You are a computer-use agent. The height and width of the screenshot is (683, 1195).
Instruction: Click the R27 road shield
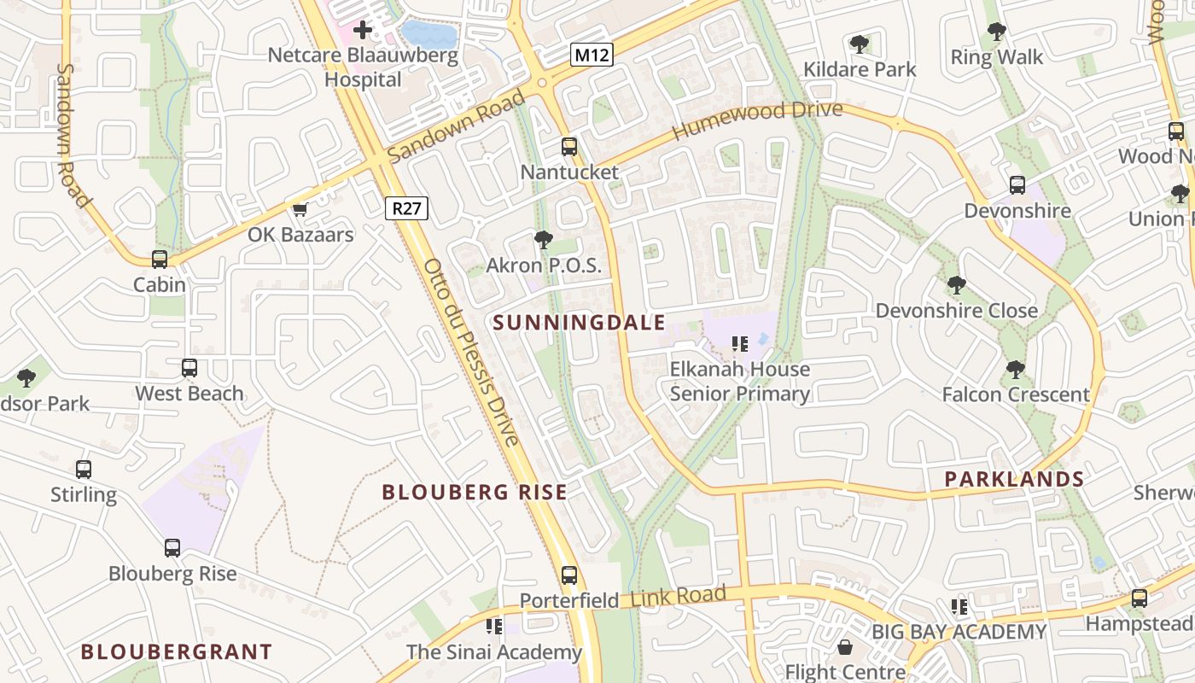406,207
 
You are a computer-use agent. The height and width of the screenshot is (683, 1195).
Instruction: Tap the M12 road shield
592,55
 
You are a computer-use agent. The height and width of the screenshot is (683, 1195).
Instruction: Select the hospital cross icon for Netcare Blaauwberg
363,31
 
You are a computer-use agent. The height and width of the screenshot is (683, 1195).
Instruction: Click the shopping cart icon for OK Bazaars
300,209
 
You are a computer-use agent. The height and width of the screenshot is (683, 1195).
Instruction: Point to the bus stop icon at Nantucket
569,147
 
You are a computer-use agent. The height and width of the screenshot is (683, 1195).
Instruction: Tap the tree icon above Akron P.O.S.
543,240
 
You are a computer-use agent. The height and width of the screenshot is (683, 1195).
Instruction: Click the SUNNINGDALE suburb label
579,323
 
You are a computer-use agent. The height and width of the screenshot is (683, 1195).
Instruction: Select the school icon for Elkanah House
740,344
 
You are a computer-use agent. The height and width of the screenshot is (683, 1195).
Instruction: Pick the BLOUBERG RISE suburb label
474,492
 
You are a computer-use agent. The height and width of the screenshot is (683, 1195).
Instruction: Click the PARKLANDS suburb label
1014,479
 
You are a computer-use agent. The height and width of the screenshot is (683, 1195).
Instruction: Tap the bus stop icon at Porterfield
569,575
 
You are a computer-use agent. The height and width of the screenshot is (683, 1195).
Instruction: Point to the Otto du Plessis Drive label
470,352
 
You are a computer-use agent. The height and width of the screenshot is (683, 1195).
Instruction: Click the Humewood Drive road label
757,120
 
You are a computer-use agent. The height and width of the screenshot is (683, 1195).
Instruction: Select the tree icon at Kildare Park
860,44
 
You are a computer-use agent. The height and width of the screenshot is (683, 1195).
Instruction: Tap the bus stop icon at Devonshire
1017,185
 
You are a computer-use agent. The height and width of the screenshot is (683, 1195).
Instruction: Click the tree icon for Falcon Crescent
1015,370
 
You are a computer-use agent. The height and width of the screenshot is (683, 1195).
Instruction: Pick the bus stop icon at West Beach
189,368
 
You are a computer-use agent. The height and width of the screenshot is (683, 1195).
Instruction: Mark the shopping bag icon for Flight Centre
844,647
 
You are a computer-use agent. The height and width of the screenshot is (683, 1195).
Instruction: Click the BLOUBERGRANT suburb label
176,652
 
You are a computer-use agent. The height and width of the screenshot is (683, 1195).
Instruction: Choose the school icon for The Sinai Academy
493,628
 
